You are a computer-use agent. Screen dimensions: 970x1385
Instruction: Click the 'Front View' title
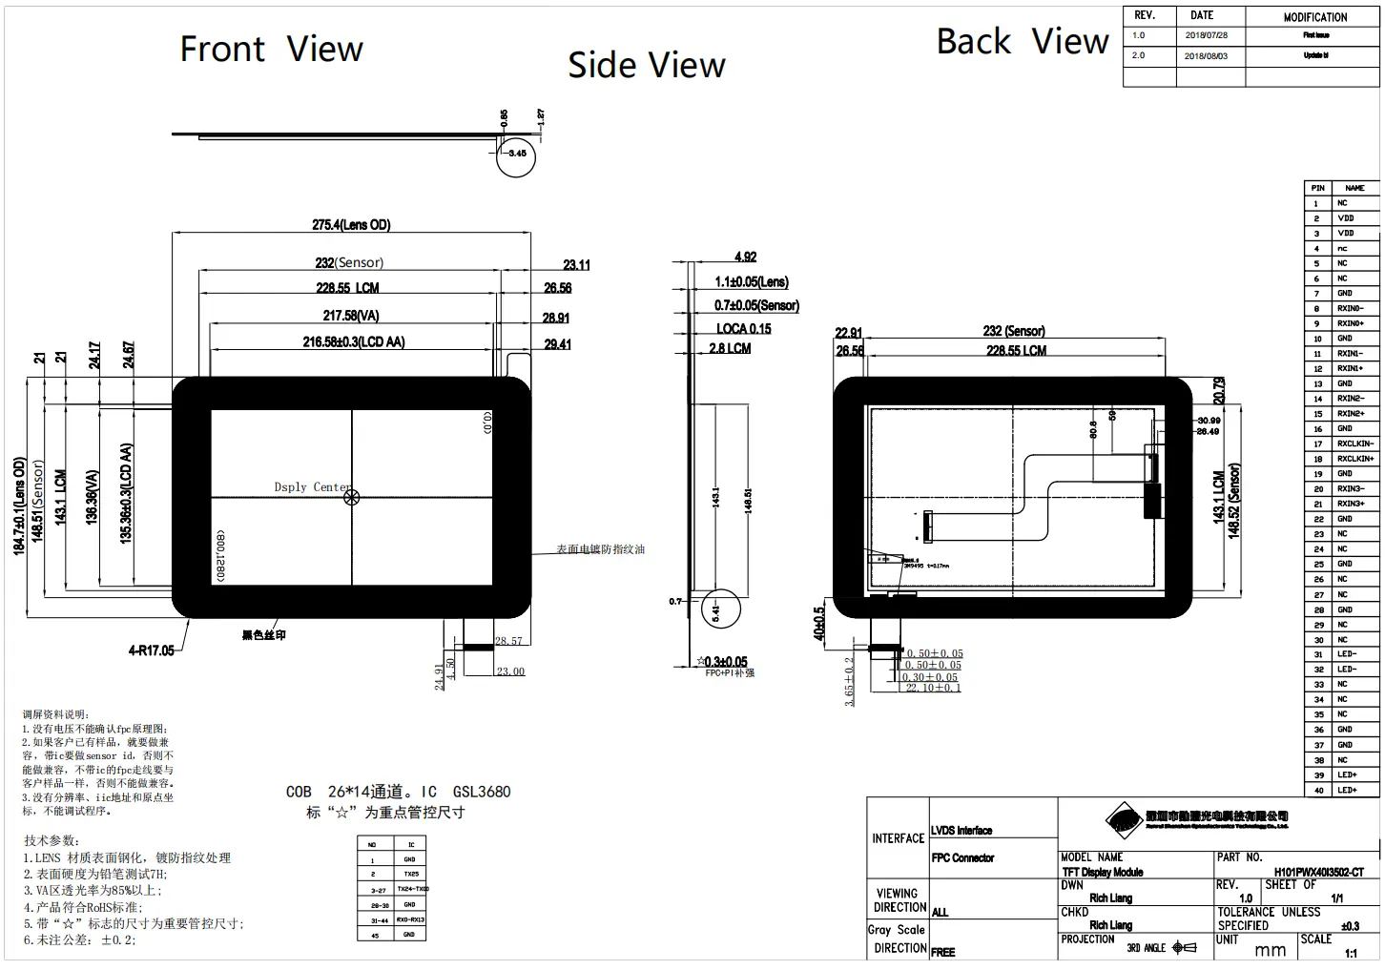click(x=271, y=49)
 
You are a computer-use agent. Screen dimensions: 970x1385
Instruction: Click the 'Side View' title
click(x=646, y=65)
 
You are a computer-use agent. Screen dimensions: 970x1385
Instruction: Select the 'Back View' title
click(x=1022, y=42)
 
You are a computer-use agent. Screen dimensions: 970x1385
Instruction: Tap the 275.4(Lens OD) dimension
click(x=351, y=225)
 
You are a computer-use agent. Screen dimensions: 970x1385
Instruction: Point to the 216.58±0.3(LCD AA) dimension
click(x=353, y=341)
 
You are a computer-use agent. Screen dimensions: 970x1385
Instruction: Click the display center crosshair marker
click(x=351, y=496)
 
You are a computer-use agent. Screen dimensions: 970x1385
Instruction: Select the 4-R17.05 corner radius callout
click(x=152, y=650)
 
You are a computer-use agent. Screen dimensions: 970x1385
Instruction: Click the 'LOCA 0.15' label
click(x=743, y=329)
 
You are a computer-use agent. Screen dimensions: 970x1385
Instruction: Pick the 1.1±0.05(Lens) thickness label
click(x=752, y=282)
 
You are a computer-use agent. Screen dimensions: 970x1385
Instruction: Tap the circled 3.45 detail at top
click(x=516, y=154)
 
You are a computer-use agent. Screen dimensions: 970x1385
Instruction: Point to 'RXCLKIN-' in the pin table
click(x=1355, y=444)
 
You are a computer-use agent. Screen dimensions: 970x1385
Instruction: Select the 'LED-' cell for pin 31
click(x=1346, y=654)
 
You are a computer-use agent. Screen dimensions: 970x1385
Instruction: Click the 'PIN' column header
click(x=1317, y=188)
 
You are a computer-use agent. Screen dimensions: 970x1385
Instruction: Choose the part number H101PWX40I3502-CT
click(x=1318, y=872)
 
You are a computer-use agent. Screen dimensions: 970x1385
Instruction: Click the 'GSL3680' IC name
click(x=482, y=792)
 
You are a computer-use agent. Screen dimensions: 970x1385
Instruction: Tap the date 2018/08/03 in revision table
click(x=1206, y=56)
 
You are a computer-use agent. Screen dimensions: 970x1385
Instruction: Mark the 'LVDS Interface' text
click(x=961, y=831)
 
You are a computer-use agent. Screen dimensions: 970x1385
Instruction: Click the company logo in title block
click(x=1124, y=818)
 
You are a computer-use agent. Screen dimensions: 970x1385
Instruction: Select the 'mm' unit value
click(x=1270, y=950)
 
